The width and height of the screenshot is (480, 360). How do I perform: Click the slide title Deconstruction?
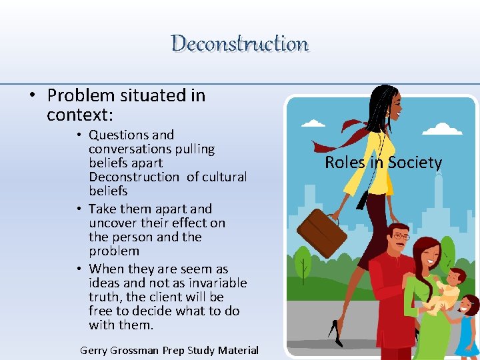[x=240, y=44]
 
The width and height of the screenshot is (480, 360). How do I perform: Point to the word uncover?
[x=110, y=223]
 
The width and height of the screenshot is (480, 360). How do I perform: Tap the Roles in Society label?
[x=383, y=163]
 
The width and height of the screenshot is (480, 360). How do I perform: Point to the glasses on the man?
[x=400, y=237]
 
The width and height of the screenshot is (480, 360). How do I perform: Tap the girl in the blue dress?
[x=468, y=327]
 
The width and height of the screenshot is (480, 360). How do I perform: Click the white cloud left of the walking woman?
[x=313, y=123]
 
